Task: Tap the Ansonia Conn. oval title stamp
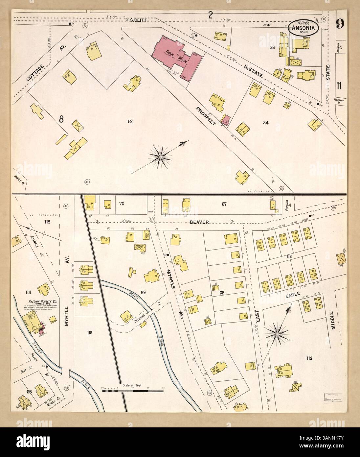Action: point(303,28)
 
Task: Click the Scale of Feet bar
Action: point(133,390)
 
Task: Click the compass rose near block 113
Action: point(277,334)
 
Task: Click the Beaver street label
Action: point(199,222)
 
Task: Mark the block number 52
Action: point(130,122)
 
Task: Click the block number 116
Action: point(89,333)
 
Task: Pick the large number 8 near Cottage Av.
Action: point(61,119)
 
